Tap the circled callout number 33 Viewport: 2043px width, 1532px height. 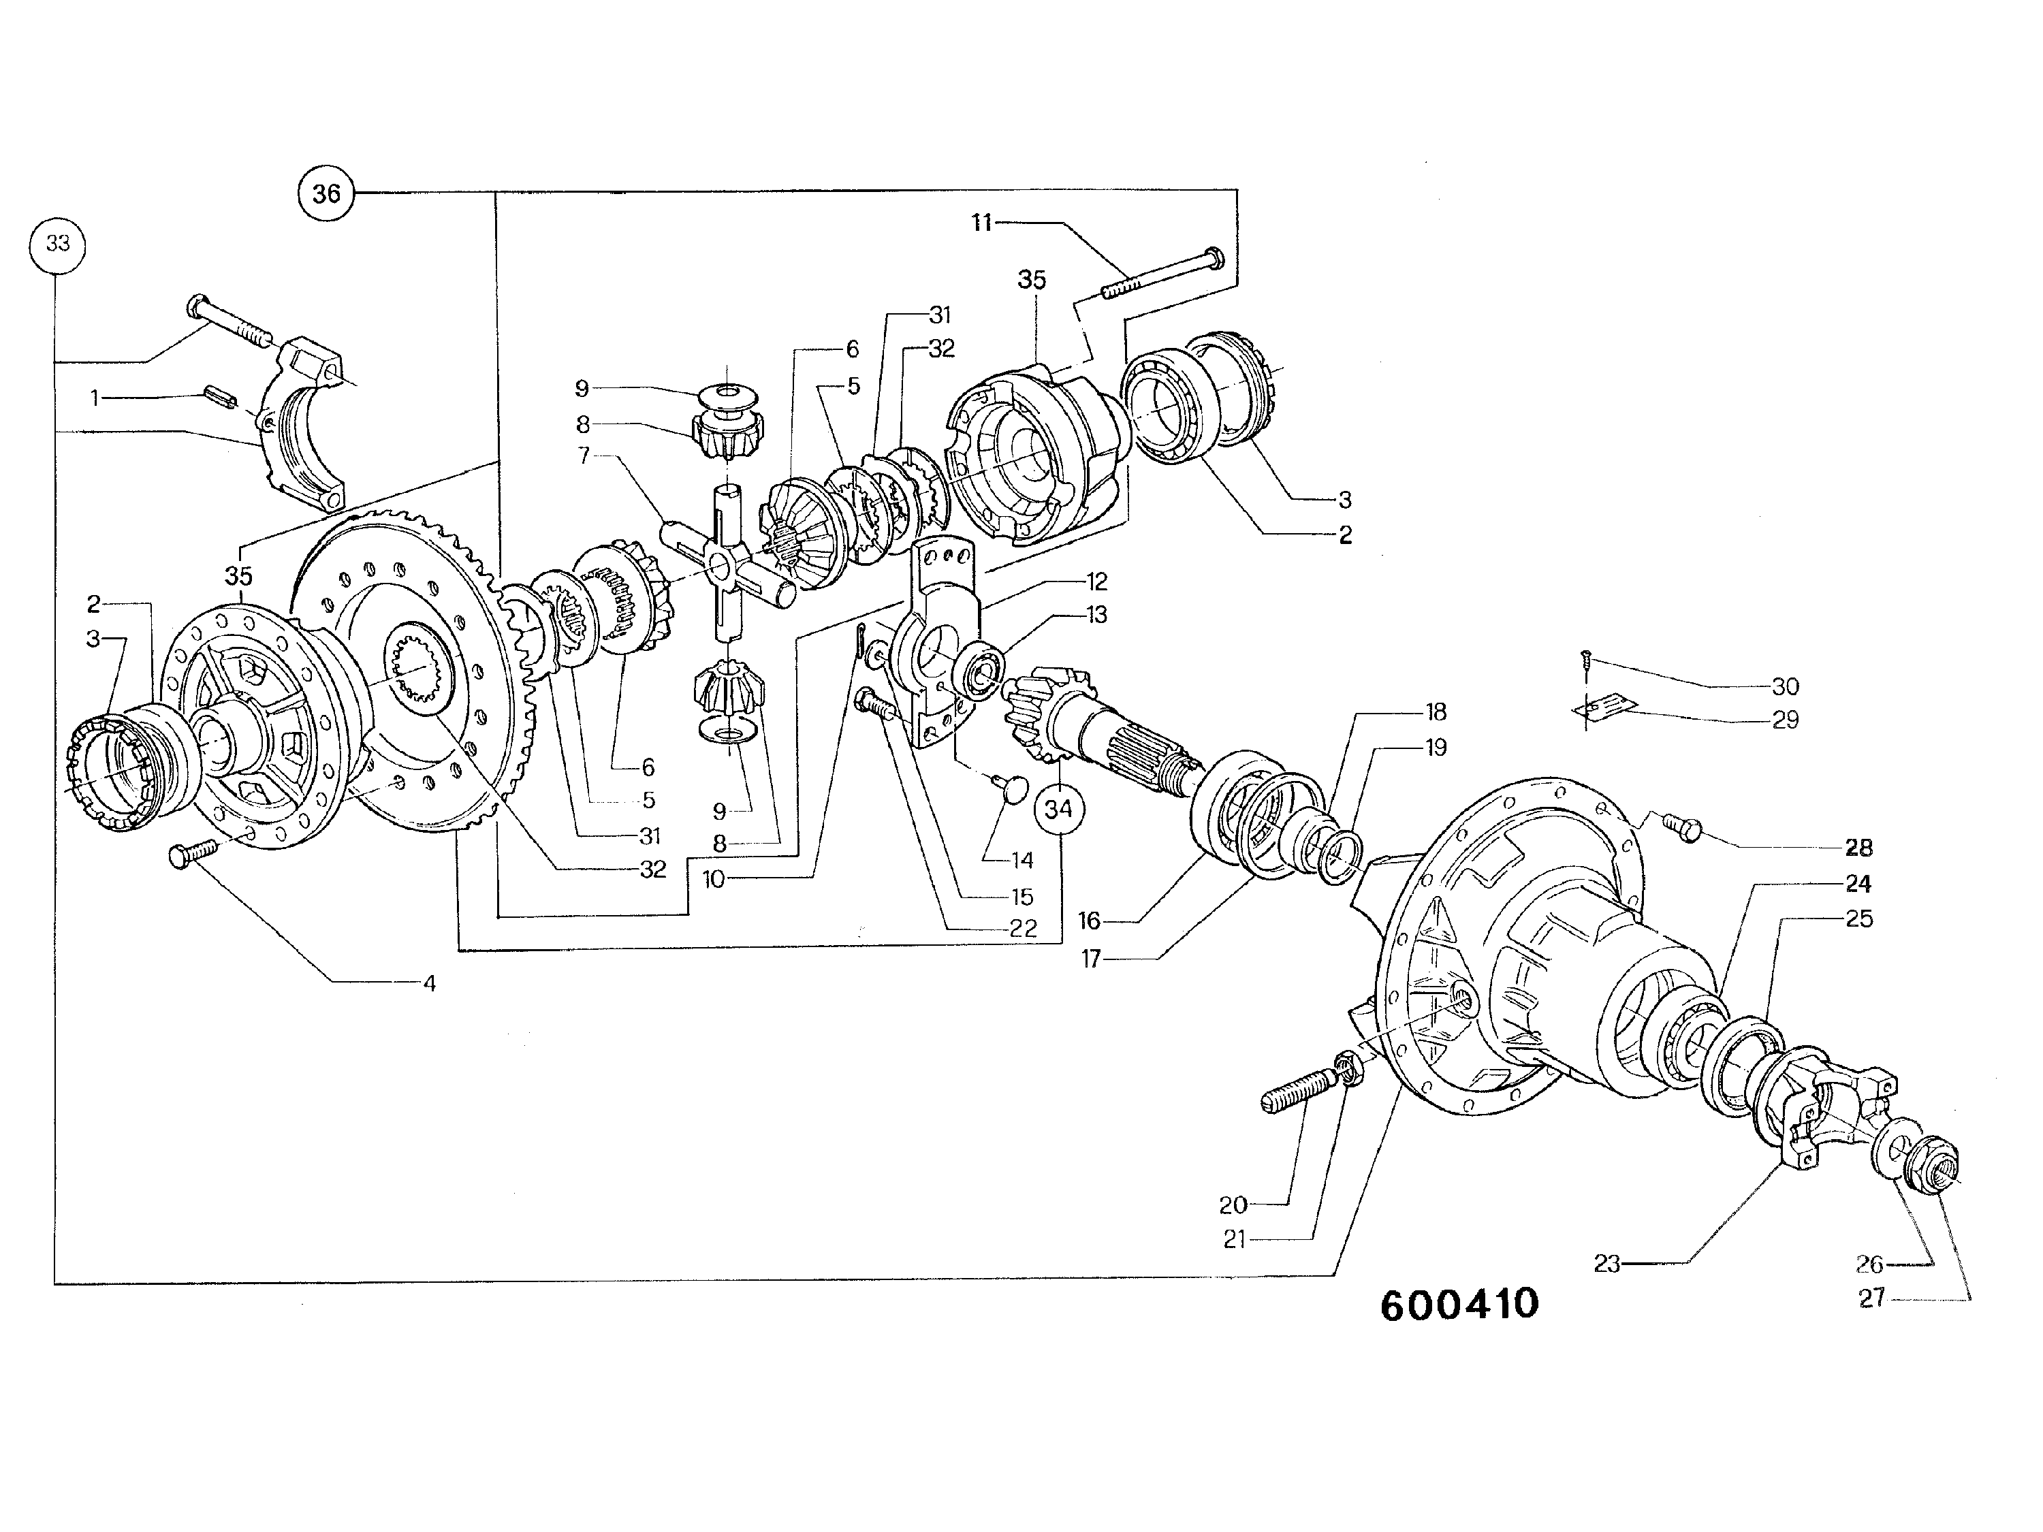pyautogui.click(x=57, y=244)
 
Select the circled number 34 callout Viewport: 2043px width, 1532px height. pyautogui.click(x=1058, y=809)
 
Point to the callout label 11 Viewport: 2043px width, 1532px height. pyautogui.click(x=982, y=223)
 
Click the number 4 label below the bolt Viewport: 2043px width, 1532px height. pyautogui.click(x=430, y=983)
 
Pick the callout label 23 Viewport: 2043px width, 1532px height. pyautogui.click(x=1607, y=1263)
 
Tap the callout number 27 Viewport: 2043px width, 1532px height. pyautogui.click(x=1871, y=1298)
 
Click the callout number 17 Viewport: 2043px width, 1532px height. pyautogui.click(x=1091, y=959)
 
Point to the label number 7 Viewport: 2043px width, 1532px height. pyautogui.click(x=584, y=456)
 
